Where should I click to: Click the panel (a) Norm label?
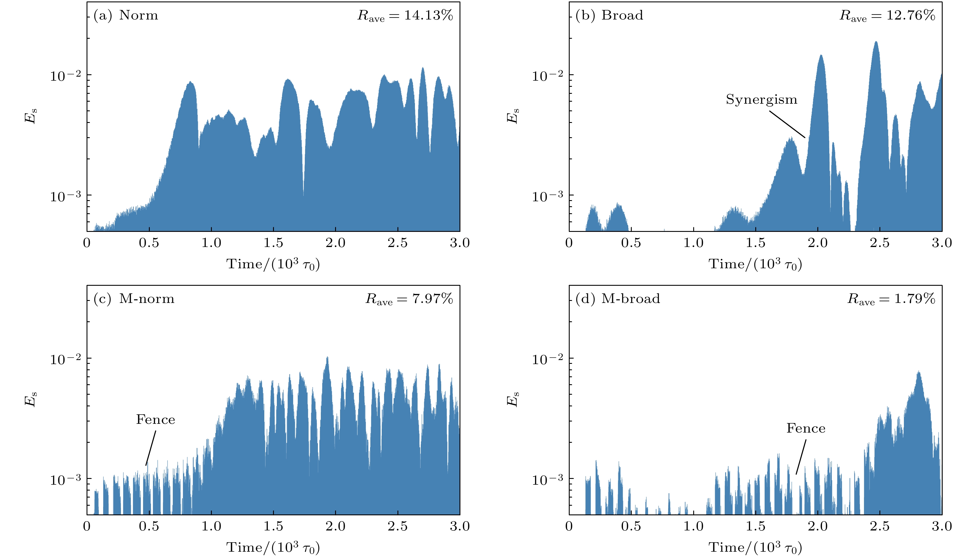[x=126, y=15]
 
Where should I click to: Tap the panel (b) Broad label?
[x=609, y=15]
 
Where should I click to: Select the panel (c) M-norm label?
[x=134, y=299]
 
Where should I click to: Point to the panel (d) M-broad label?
[x=617, y=299]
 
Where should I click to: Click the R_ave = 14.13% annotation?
[x=405, y=15]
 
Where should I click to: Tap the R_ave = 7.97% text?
[x=409, y=299]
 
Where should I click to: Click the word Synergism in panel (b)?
[x=761, y=99]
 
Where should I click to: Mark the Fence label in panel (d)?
[x=806, y=428]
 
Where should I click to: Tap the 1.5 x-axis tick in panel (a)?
[x=273, y=243]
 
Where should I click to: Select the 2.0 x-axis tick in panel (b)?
[x=818, y=243]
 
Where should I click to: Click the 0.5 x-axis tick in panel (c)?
[x=149, y=526]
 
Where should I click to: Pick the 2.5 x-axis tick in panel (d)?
[x=880, y=526]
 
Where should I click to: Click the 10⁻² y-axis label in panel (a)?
[x=66, y=76]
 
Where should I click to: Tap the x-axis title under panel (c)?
[x=273, y=547]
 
